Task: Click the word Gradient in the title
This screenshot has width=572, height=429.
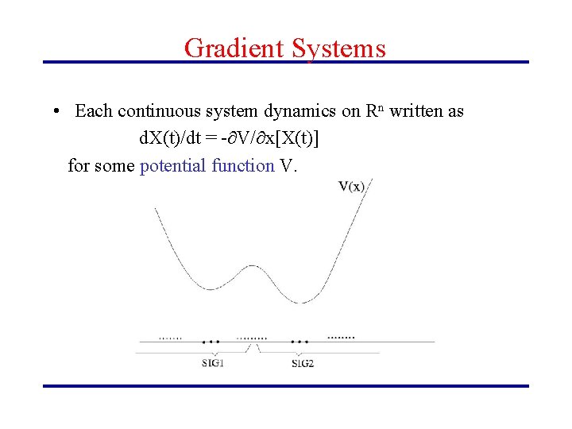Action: coord(234,48)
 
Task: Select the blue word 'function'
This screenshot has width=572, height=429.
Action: coord(243,165)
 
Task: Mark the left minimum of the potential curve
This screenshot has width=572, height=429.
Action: coord(211,288)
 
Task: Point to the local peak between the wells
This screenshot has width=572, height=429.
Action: coord(253,267)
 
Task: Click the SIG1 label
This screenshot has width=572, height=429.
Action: coord(212,364)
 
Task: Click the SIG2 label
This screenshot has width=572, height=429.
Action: coord(302,364)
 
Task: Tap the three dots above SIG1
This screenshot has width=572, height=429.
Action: coord(211,342)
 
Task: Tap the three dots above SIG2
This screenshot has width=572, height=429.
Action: coord(300,342)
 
